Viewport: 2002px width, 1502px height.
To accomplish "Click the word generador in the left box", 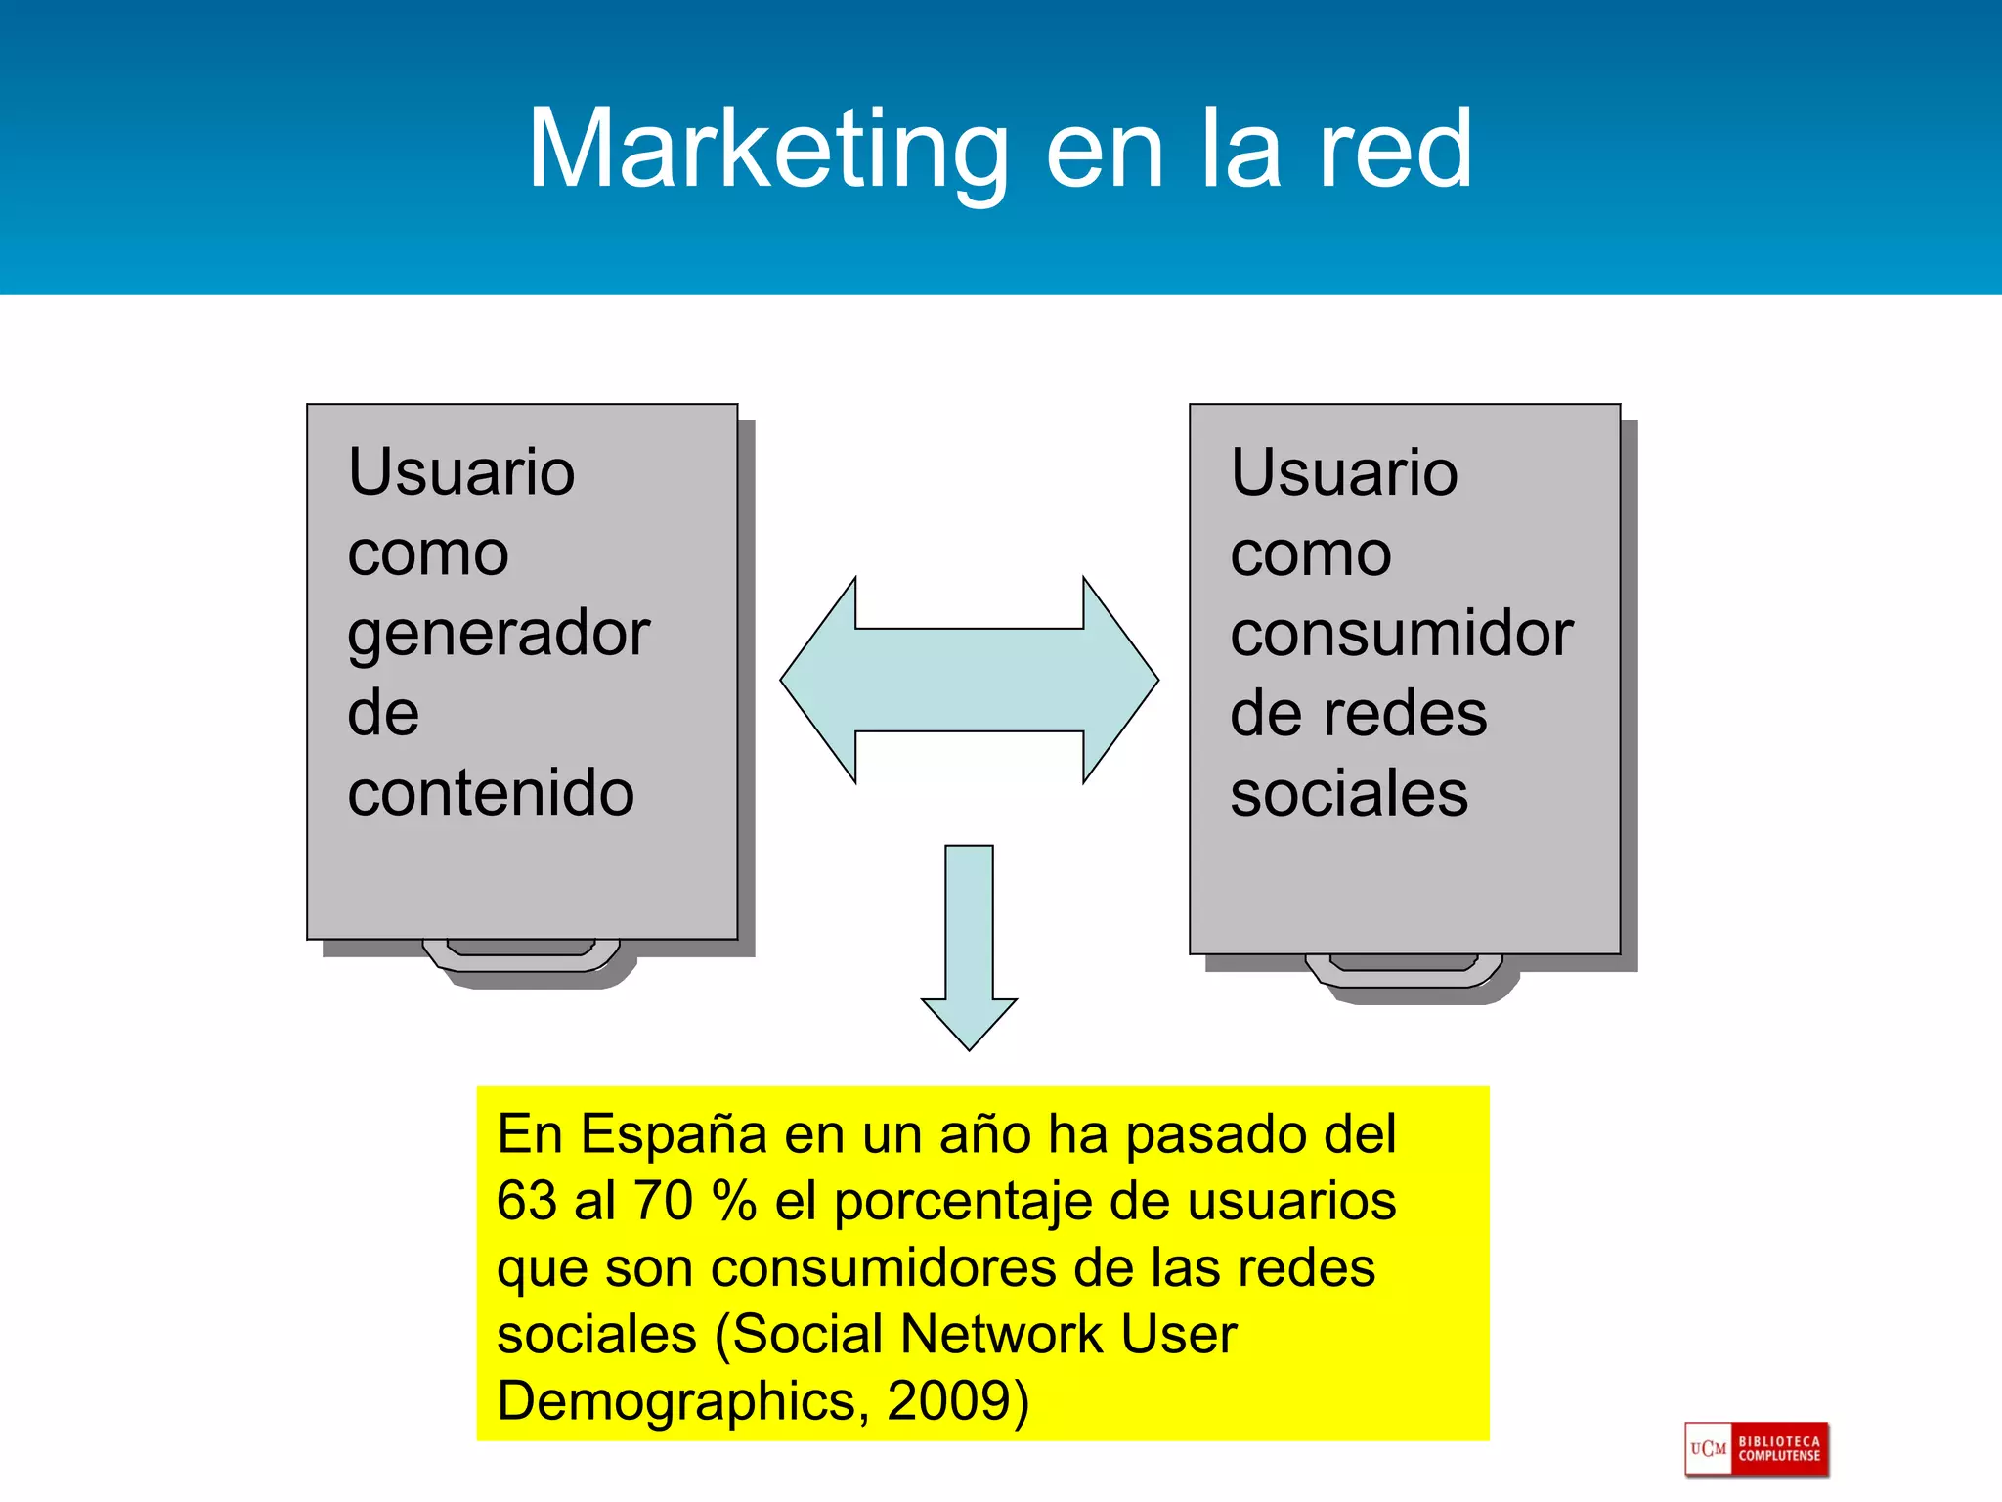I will coord(499,634).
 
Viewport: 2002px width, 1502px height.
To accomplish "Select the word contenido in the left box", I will coord(491,792).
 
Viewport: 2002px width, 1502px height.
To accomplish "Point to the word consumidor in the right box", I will coord(1402,634).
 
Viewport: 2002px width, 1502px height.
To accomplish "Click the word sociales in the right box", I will coord(1349,792).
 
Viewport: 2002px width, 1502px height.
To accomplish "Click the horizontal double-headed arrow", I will coord(969,680).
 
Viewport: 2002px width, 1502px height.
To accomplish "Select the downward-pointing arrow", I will coord(969,944).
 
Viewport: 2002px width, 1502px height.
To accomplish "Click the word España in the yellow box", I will coord(674,1134).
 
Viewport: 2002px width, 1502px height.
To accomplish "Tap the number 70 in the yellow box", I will coord(664,1201).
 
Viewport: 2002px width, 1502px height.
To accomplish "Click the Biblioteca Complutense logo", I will coord(1757,1449).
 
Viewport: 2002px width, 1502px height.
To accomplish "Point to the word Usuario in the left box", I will coord(461,472).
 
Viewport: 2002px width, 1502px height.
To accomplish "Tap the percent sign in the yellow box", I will coord(734,1201).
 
